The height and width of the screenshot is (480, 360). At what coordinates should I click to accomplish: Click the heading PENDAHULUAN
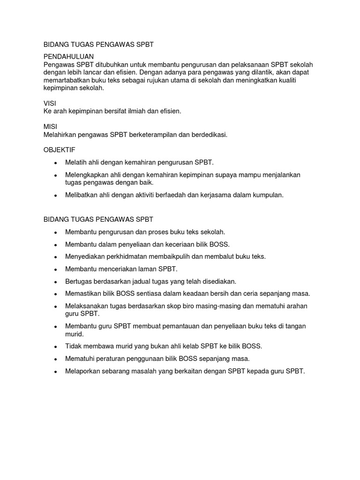[x=68, y=56]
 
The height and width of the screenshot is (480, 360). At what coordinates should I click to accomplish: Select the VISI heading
[x=50, y=103]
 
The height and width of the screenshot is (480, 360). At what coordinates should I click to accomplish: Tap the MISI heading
[x=50, y=127]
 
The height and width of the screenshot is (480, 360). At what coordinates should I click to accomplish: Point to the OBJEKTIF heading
[x=59, y=150]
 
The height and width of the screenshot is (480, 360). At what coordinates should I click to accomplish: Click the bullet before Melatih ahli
[x=56, y=163]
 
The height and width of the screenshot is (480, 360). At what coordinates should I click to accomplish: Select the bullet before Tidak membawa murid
[x=56, y=346]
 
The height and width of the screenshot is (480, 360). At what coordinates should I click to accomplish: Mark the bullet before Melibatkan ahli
[x=56, y=195]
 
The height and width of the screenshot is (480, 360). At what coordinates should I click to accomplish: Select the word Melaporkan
[x=82, y=371]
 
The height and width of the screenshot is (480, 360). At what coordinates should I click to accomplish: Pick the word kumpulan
[x=268, y=195]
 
